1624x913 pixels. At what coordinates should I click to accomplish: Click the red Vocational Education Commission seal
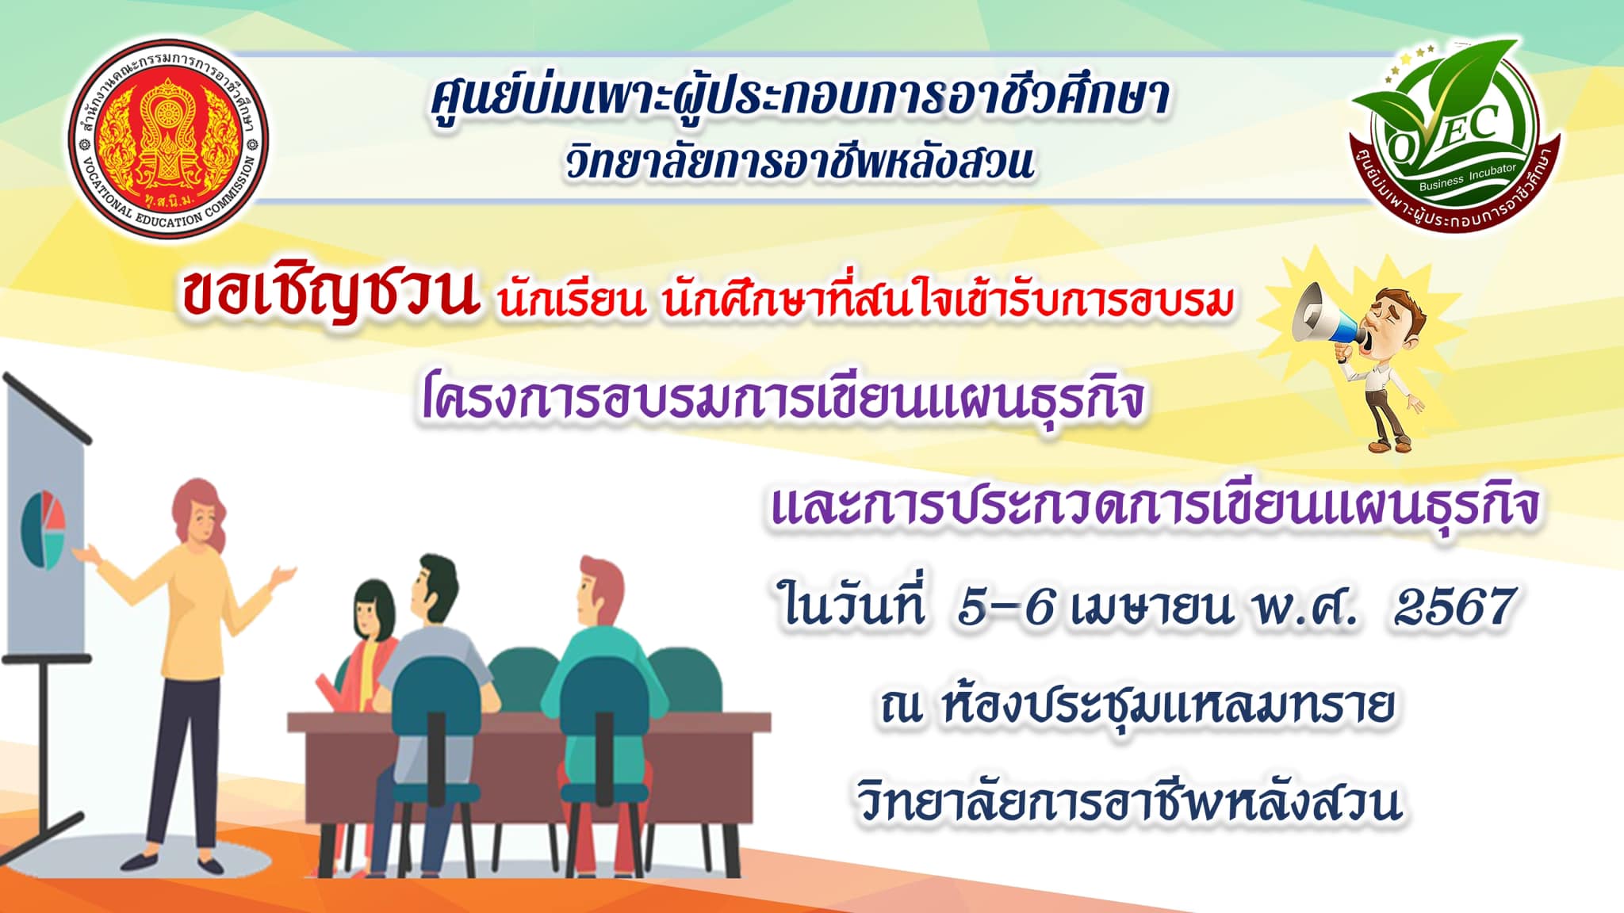point(168,139)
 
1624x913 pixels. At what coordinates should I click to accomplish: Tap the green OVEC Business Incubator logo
point(1454,135)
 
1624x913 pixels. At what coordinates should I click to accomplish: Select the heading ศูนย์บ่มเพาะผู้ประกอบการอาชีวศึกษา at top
point(800,98)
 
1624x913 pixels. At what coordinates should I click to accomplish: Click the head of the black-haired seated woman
point(373,607)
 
